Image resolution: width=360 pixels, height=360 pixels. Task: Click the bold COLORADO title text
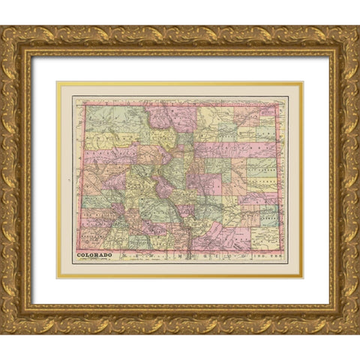[94, 255]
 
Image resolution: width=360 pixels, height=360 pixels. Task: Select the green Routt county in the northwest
[112, 118]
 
